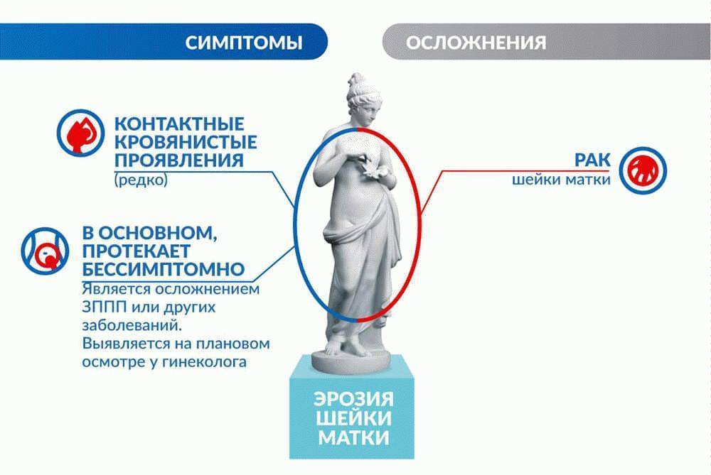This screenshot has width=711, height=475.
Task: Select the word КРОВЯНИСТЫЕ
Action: click(x=185, y=141)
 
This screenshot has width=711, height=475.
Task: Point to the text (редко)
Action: click(x=140, y=180)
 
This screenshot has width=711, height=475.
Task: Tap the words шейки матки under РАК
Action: click(x=561, y=180)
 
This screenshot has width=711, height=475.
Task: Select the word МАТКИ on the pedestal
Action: click(x=353, y=437)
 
